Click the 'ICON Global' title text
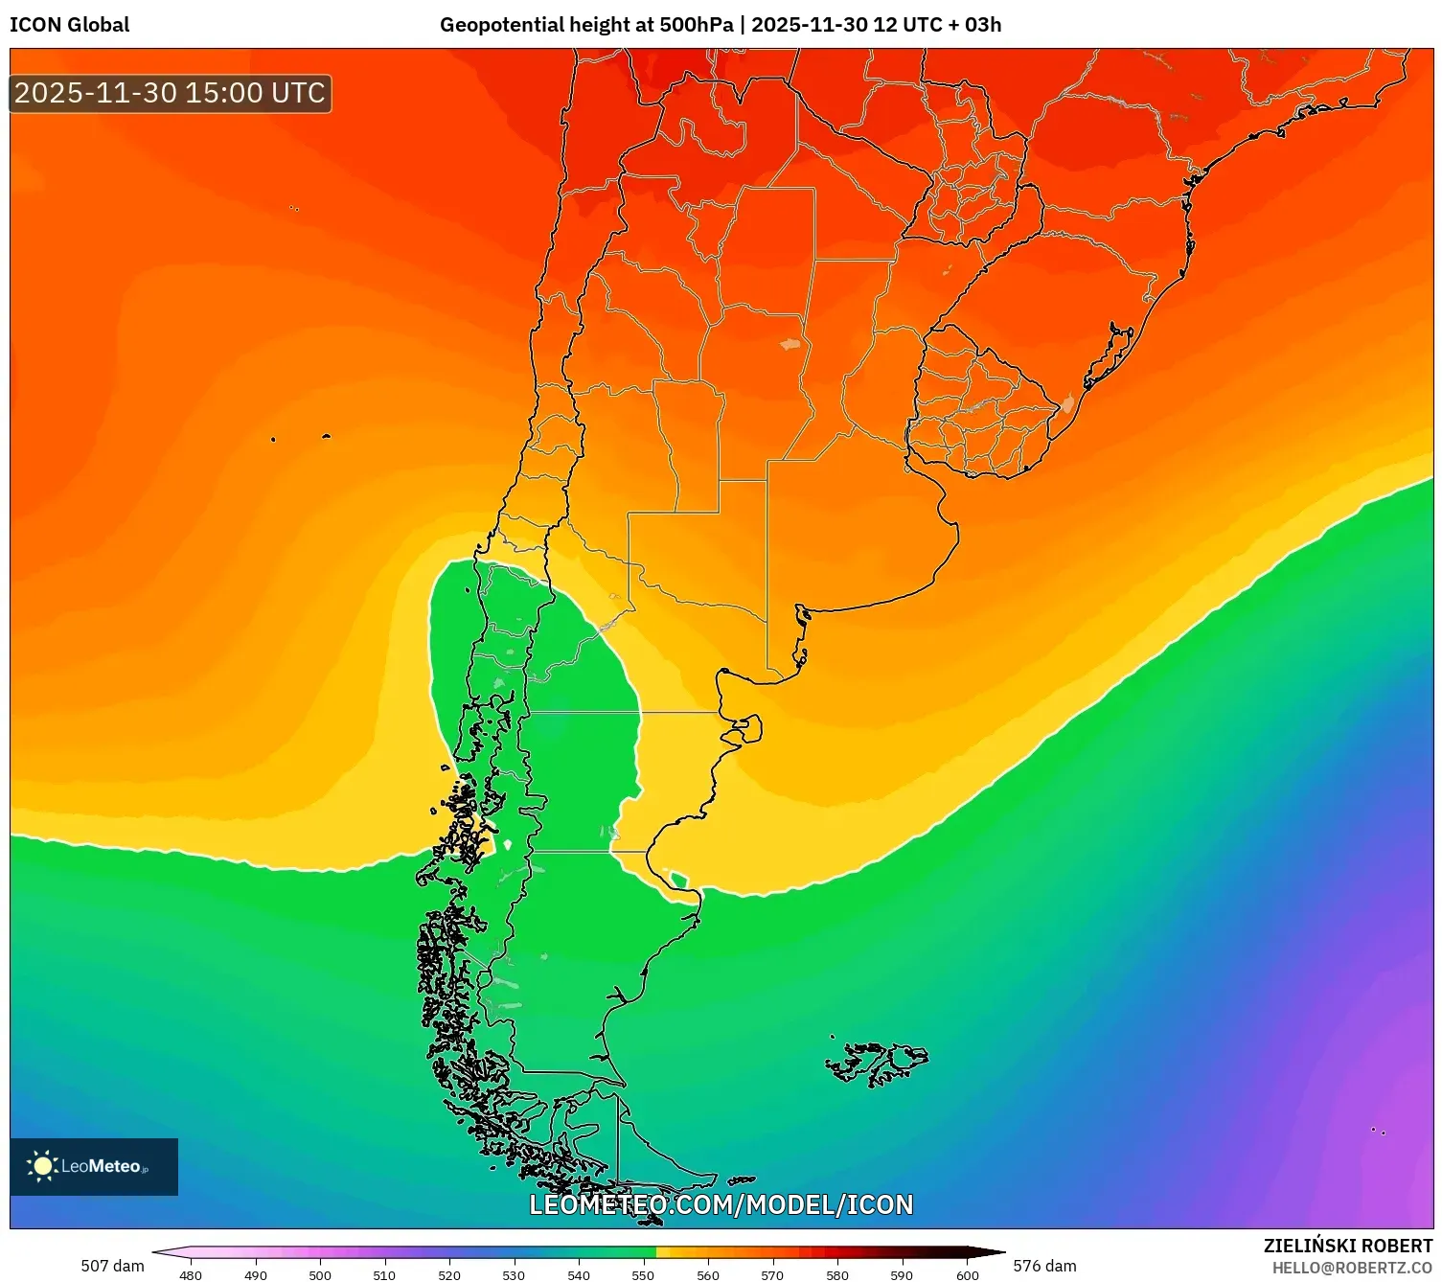tap(69, 25)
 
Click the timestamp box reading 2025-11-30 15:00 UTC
tap(171, 93)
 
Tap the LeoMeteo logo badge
tap(94, 1166)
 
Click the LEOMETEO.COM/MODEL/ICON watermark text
tap(721, 1204)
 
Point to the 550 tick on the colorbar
tap(643, 1274)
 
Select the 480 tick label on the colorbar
tap(191, 1275)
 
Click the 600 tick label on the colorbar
tap(968, 1275)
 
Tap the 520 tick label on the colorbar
tap(449, 1275)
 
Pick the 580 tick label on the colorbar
tap(837, 1275)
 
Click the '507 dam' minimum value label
tap(112, 1266)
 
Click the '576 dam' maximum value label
tap(1044, 1266)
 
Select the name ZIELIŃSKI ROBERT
tap(1347, 1246)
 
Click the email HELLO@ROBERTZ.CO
tap(1351, 1268)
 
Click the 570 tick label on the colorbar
tap(772, 1275)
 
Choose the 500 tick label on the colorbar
tap(320, 1275)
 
